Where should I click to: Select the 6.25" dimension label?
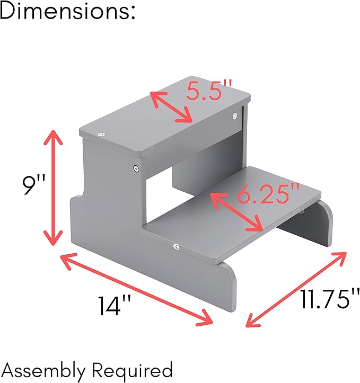268,194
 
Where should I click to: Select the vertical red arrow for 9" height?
53,188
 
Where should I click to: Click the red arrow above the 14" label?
136,290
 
